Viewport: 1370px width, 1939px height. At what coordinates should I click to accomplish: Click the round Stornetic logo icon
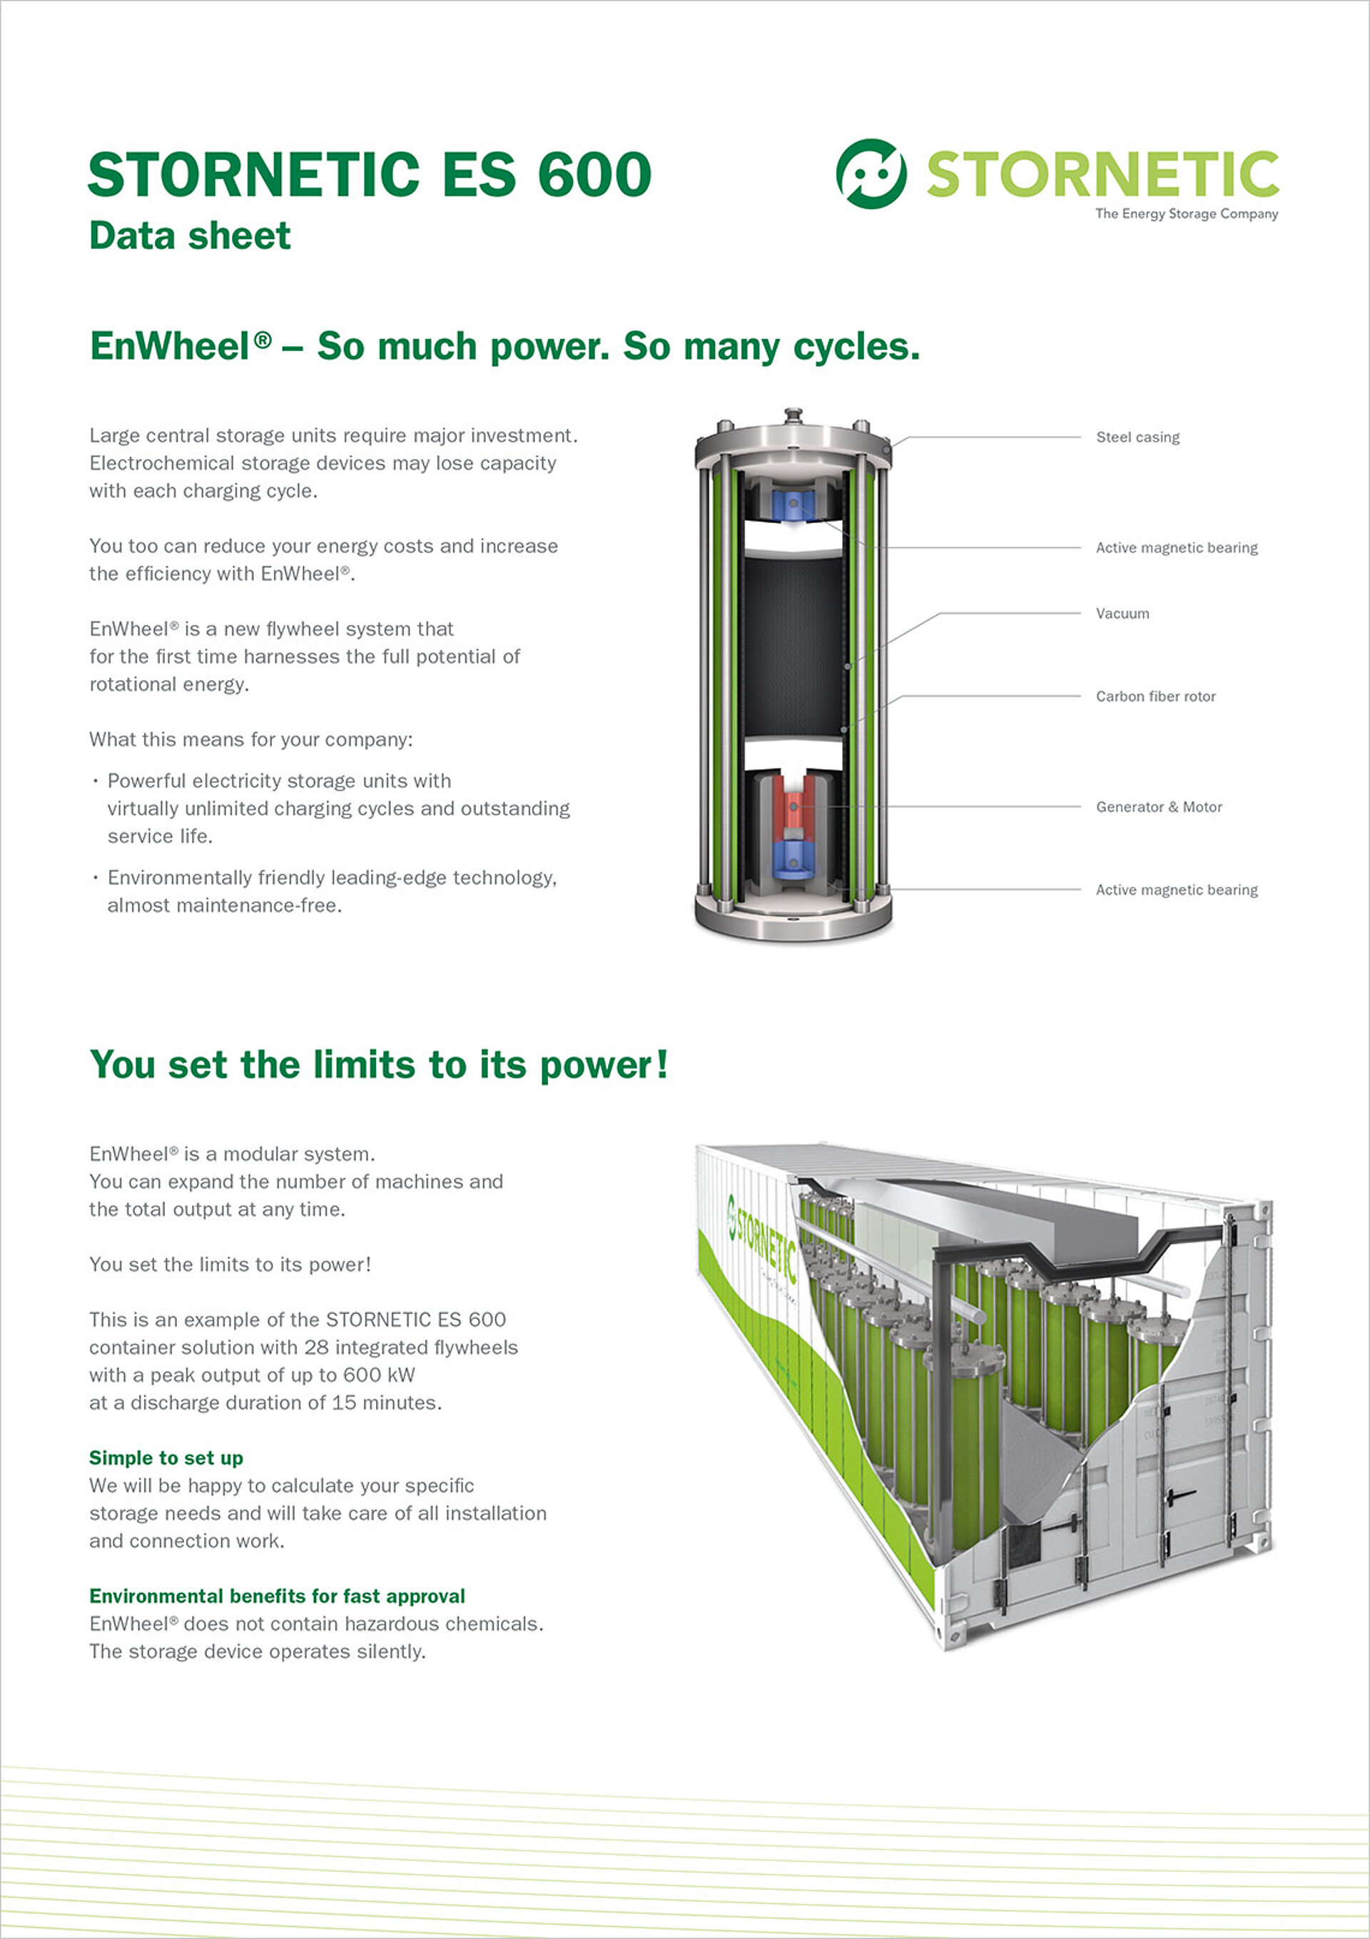tap(871, 174)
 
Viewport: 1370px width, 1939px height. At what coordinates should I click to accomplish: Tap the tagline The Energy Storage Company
tap(1186, 213)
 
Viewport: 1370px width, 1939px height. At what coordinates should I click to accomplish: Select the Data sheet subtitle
tap(189, 236)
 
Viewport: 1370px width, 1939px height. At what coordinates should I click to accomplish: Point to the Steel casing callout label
tap(1137, 437)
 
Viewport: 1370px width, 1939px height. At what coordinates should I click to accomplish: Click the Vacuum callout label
tap(1122, 614)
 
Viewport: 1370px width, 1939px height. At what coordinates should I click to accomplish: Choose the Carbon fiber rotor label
tap(1155, 697)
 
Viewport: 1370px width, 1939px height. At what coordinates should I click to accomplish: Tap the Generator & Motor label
tap(1158, 807)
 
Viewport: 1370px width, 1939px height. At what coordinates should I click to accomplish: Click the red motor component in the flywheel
tap(793, 807)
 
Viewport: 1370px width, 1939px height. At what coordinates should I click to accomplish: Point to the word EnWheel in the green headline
tap(170, 346)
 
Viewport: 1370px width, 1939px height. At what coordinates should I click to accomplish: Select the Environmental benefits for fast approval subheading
tap(277, 1596)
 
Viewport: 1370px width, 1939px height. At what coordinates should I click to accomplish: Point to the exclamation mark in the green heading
tap(661, 1064)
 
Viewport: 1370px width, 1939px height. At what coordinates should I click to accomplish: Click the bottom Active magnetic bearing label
tap(1176, 890)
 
